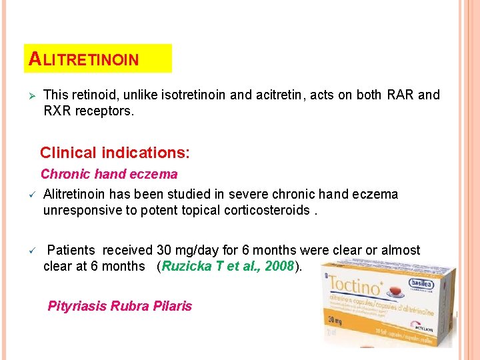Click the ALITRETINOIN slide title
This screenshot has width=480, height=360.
click(x=83, y=59)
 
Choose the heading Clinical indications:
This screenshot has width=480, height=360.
click(x=115, y=153)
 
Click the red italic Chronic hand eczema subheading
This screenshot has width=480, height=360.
click(x=109, y=175)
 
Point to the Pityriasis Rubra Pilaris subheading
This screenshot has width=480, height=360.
click(x=119, y=307)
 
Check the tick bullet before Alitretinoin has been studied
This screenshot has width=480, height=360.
click(x=30, y=195)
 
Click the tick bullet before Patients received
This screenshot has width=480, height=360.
click(x=30, y=251)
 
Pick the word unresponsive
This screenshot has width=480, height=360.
click(x=80, y=211)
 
